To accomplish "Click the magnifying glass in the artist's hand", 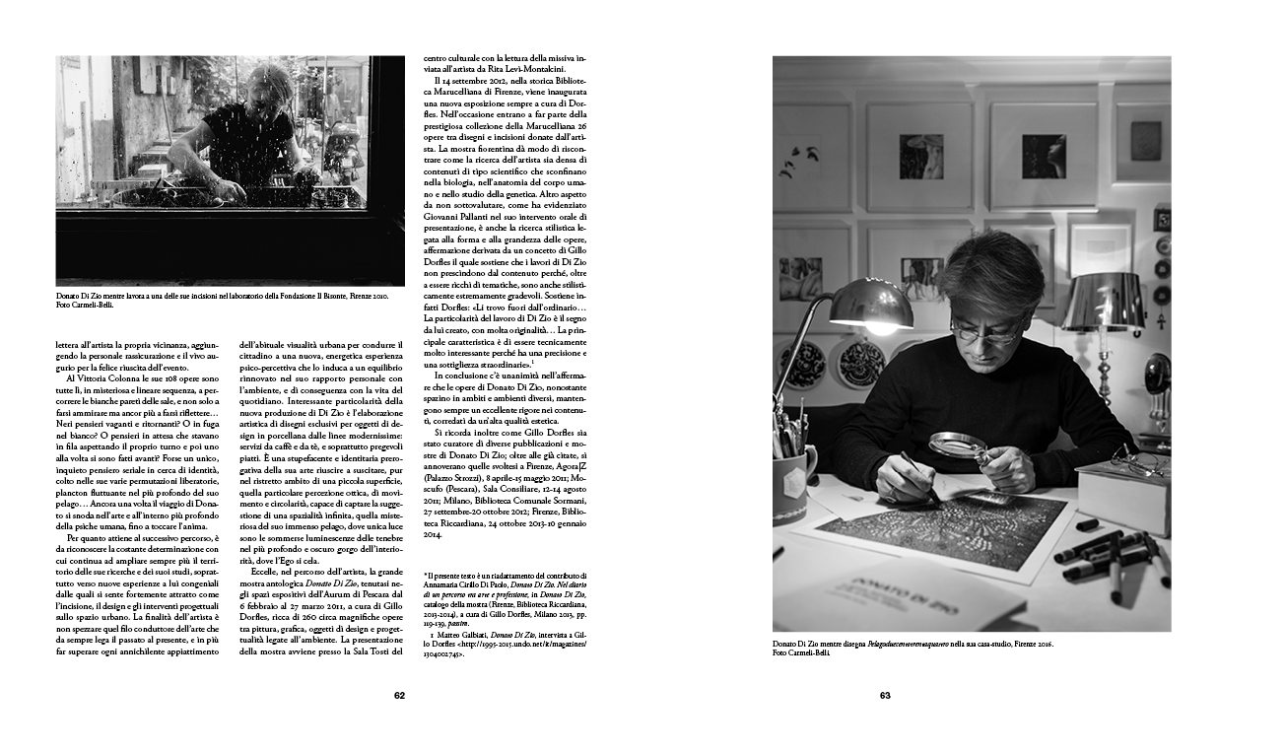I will coord(950,446).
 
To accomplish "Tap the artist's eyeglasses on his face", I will coord(984,330).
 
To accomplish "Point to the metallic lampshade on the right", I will coord(1098,302).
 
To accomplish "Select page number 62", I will coord(399,695).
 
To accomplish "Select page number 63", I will coord(885,695).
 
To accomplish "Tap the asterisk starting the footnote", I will coord(425,575).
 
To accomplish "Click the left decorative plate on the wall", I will coord(802,366).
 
